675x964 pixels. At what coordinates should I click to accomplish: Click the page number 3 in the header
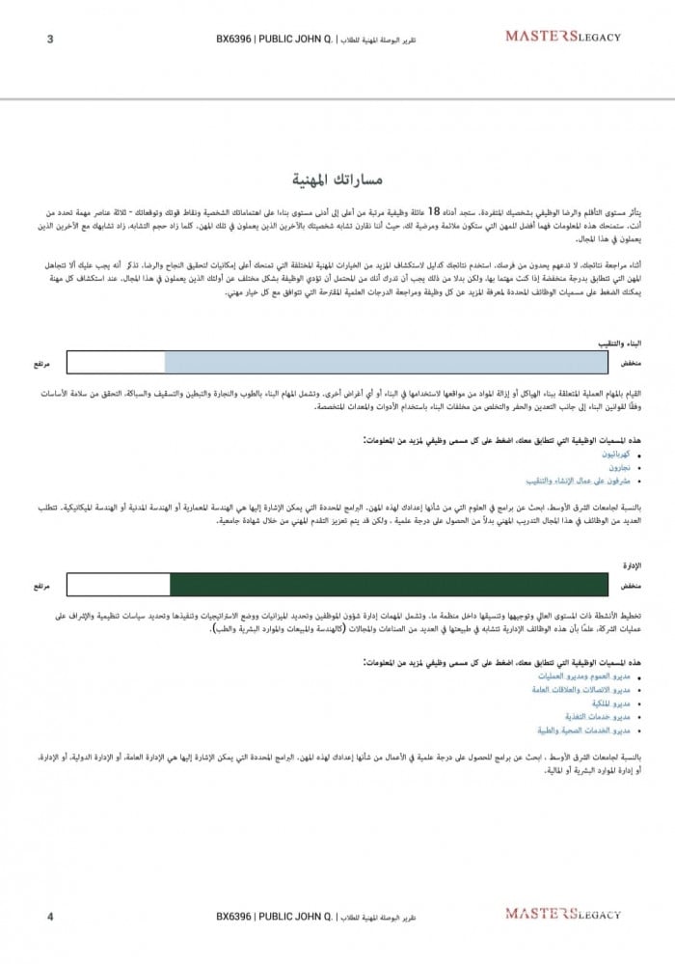pyautogui.click(x=50, y=38)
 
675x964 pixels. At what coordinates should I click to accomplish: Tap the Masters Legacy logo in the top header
pyautogui.click(x=563, y=37)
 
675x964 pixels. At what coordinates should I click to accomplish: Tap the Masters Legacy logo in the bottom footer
pyautogui.click(x=563, y=912)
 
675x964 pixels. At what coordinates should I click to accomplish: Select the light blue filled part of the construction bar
pyautogui.click(x=386, y=363)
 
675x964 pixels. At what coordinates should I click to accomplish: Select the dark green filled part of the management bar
pyautogui.click(x=389, y=585)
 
